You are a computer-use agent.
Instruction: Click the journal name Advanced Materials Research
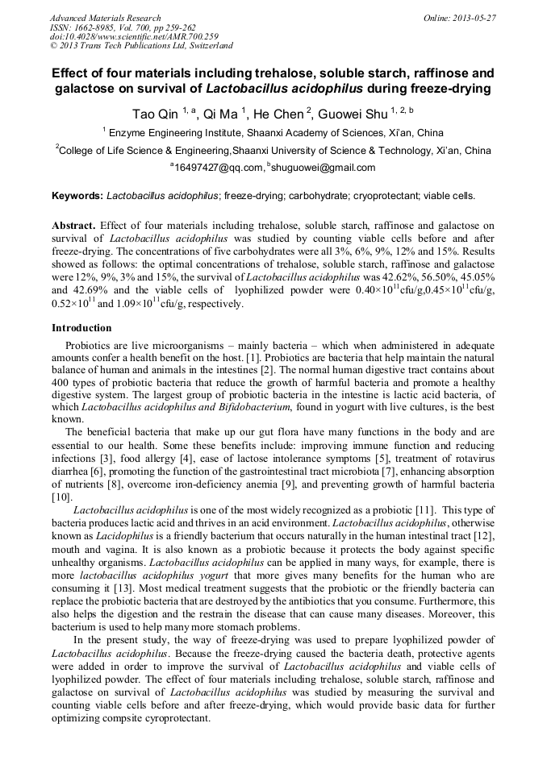pos(105,18)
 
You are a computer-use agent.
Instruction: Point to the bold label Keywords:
pos(77,196)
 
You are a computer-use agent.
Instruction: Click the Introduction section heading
pos(81,328)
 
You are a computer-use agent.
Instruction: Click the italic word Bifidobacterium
pos(242,408)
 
